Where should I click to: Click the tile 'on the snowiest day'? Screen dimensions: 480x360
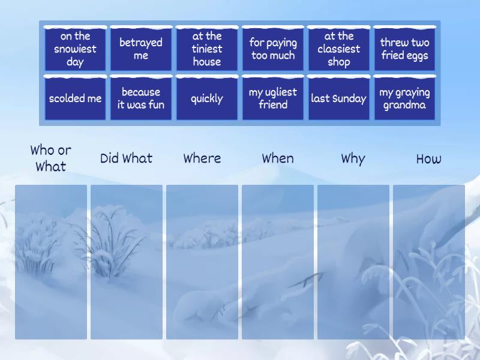tap(76, 49)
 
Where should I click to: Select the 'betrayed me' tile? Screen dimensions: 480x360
tap(141, 49)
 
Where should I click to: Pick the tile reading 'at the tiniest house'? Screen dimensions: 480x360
tap(207, 49)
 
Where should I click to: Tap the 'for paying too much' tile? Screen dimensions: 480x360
tap(273, 49)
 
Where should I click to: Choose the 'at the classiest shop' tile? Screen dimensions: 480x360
tap(339, 49)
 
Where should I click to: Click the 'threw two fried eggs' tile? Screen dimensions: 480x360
tap(404, 49)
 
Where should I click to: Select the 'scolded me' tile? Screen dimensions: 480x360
tap(76, 98)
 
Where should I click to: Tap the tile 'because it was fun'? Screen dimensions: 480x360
tap(141, 98)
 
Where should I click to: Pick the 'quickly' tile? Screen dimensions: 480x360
tap(207, 98)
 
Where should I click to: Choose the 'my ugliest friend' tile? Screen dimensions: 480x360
tap(273, 98)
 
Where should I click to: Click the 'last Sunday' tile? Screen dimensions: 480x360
tap(339, 98)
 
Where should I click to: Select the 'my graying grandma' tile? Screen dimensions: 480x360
tap(404, 98)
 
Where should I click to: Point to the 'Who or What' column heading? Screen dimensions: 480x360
tap(51, 158)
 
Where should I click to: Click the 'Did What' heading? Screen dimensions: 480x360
tap(127, 158)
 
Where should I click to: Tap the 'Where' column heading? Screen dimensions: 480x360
tap(202, 158)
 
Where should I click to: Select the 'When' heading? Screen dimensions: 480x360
tap(278, 158)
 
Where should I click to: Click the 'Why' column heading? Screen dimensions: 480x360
tap(353, 159)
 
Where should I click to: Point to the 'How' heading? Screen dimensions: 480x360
tap(429, 159)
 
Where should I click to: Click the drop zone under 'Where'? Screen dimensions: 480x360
tap(202, 262)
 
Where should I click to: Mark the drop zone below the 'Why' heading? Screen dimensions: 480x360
tap(353, 262)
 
